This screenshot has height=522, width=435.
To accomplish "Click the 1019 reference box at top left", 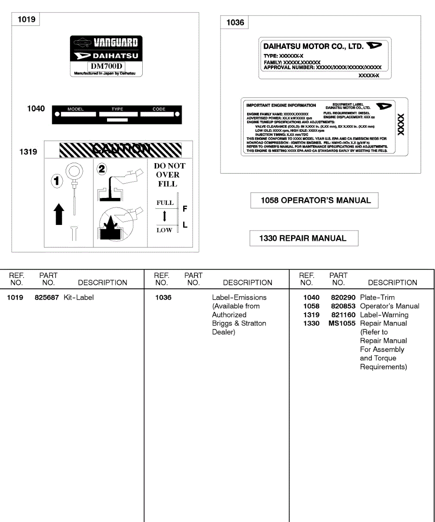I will [27, 20].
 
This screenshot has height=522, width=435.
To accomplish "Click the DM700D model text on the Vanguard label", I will [107, 67].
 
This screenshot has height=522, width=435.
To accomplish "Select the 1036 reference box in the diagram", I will [235, 23].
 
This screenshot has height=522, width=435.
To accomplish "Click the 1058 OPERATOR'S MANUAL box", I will [315, 201].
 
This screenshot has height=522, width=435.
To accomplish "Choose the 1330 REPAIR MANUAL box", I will [304, 238].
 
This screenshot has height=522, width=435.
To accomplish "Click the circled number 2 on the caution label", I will [102, 170].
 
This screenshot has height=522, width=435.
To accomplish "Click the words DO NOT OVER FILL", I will [169, 175].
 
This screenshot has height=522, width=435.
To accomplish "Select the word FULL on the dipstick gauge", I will [165, 203].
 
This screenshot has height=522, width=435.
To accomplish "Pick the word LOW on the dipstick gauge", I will [164, 230].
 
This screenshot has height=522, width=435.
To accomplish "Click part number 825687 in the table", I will [47, 298].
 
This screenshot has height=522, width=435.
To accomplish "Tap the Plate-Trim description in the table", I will [378, 298].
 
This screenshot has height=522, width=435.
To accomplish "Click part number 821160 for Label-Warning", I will [343, 315].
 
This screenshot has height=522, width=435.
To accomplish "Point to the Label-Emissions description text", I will [239, 298].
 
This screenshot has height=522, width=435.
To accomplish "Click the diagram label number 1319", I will [28, 152].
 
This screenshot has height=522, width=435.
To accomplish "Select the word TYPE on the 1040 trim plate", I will [117, 109].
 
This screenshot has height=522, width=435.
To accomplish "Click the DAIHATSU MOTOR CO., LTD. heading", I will [313, 47].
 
